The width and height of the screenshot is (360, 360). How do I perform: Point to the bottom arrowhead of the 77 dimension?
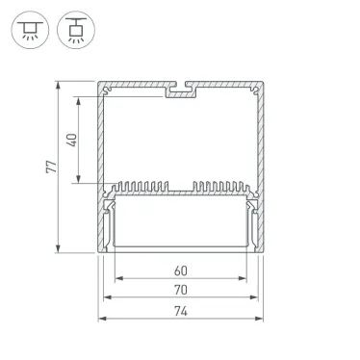tap(64, 251)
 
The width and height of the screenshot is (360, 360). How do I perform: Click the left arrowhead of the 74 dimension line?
tap(101, 320)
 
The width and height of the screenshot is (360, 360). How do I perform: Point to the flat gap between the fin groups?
tap(181, 188)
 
